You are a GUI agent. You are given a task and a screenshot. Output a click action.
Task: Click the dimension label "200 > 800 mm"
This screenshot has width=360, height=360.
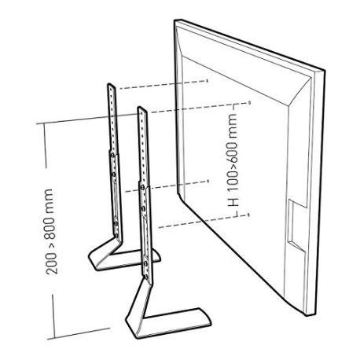click(50, 232)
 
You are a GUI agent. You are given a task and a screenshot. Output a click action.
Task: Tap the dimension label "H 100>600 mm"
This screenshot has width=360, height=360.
click(233, 160)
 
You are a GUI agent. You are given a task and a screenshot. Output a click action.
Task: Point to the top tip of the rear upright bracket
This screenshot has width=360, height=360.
click(108, 84)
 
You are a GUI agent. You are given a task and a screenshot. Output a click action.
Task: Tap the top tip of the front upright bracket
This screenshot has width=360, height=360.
click(139, 108)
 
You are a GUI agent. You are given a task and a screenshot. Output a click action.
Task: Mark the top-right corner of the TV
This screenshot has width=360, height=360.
click(325, 70)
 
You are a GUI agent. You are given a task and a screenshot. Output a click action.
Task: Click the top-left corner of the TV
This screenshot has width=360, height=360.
click(174, 20)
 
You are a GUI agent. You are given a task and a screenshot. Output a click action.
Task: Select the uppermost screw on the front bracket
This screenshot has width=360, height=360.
click(142, 187)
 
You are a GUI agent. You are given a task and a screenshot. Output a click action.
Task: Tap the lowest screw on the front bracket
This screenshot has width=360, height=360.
click(145, 275)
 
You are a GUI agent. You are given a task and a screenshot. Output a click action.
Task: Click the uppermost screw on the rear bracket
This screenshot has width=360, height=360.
click(112, 155)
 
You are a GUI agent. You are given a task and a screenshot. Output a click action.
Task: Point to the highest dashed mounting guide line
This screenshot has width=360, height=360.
click(163, 85)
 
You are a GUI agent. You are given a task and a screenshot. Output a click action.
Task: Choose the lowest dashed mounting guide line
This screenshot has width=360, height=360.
click(204, 221)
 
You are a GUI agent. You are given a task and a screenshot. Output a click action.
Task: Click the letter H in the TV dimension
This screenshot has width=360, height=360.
click(233, 202)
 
